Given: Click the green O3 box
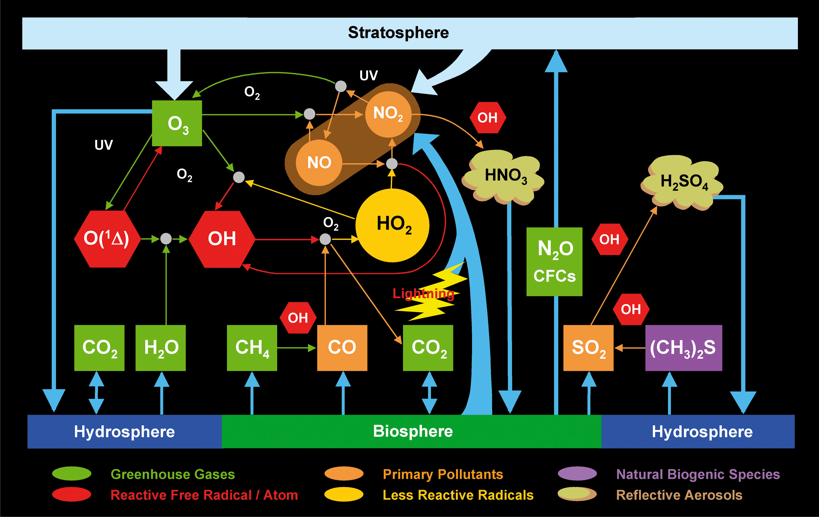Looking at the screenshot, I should pos(177,123).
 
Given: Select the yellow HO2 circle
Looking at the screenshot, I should pos(393,225).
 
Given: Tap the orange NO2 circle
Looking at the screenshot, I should pos(388,114).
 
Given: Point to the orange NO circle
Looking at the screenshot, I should pos(319,163).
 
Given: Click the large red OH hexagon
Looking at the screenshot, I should pos(222,239).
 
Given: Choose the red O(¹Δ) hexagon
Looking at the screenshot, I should pos(107,239).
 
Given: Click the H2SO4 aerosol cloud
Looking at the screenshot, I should pos(683,182).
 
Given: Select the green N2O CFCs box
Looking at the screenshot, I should pos(554,262).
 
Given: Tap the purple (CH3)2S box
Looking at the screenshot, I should pos(684,348).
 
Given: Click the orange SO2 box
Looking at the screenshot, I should pos(588,348).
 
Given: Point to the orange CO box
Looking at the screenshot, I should pos(342,348).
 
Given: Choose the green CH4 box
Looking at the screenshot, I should pos(252,348).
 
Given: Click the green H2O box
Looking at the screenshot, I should pos(160,348).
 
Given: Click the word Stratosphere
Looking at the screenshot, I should pos(398,33).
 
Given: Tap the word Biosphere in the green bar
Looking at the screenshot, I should pos(412,431).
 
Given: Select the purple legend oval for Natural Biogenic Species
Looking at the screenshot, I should pos(577,474).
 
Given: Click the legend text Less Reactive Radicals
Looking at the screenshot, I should pos(458,495).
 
